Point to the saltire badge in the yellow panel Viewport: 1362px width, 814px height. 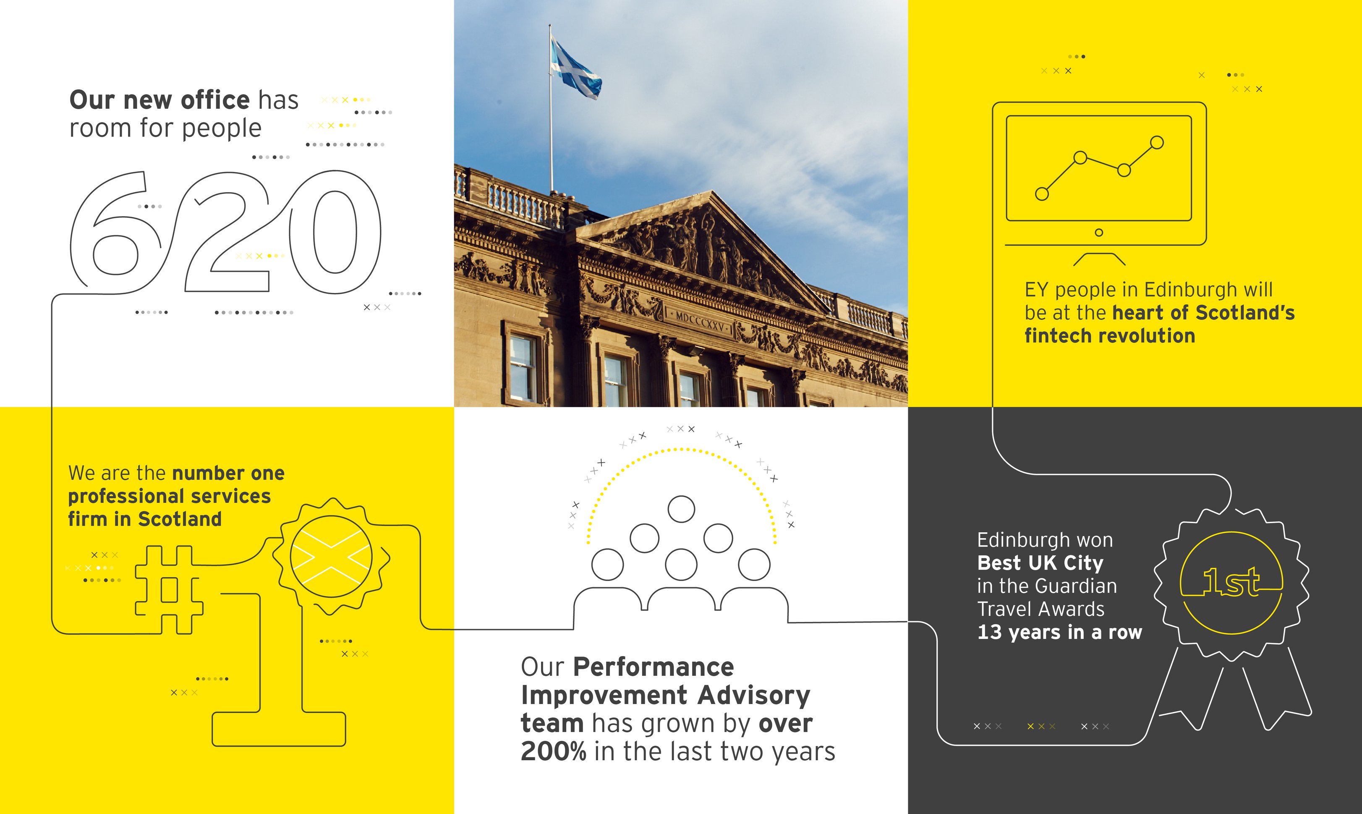tap(331, 557)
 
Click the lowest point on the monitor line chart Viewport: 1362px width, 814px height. tap(1042, 194)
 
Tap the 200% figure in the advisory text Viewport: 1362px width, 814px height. tap(553, 751)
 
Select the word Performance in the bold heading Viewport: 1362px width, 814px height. tap(653, 667)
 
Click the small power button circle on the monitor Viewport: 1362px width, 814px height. tap(1099, 233)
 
